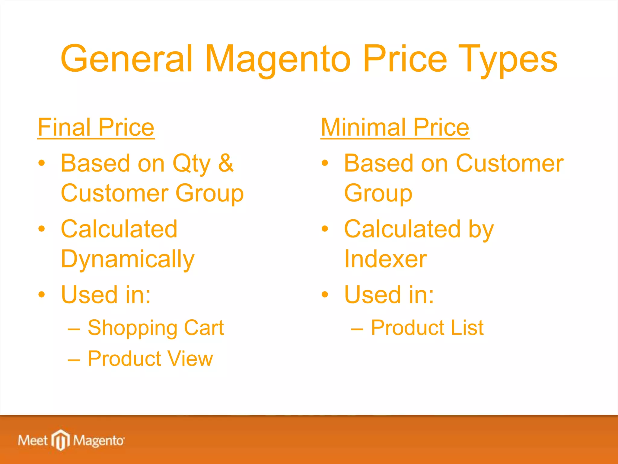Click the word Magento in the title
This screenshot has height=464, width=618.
click(278, 59)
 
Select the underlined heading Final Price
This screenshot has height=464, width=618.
click(96, 127)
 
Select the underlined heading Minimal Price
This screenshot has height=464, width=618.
click(395, 127)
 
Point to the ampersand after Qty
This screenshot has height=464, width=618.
click(226, 163)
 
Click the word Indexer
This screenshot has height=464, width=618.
click(385, 259)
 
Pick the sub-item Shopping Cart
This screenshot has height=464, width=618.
click(155, 328)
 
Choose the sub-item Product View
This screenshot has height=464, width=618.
click(150, 359)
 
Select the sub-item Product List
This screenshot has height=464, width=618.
click(427, 328)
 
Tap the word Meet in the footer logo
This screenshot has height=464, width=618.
click(33, 440)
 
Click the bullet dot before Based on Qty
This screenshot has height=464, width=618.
click(42, 163)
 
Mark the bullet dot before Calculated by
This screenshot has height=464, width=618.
click(325, 229)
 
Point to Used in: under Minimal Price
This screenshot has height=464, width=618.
click(389, 295)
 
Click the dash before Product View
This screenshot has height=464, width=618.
click(74, 360)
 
